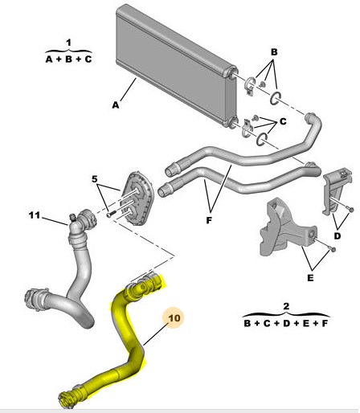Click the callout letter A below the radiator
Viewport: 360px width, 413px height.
(x=116, y=104)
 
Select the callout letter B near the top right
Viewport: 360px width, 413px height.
(x=274, y=51)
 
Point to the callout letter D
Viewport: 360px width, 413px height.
(x=338, y=237)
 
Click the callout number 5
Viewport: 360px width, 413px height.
(x=94, y=179)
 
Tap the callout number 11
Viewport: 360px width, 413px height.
(x=34, y=215)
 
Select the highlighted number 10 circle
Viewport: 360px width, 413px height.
(x=175, y=318)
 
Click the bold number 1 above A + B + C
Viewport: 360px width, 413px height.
(x=68, y=41)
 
